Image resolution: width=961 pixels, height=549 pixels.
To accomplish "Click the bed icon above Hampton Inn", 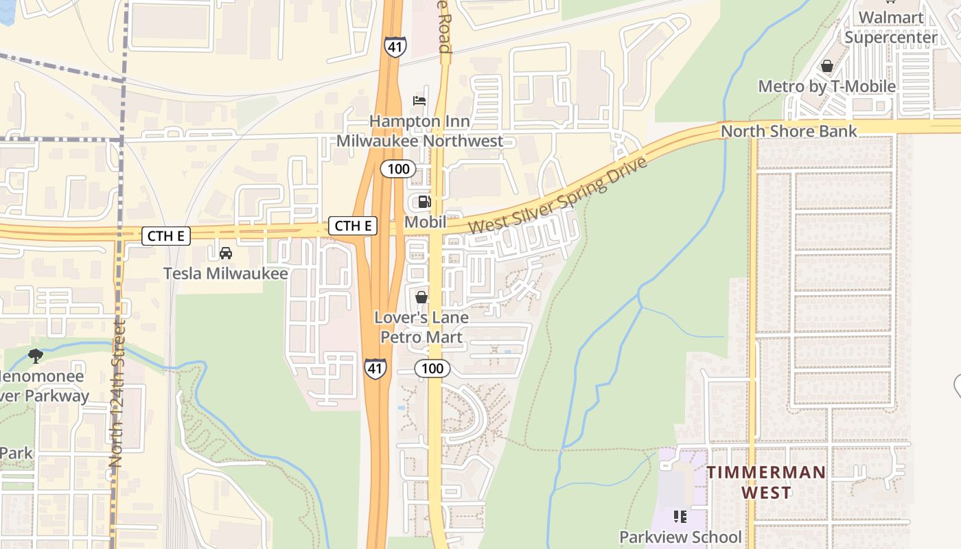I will click(419, 101).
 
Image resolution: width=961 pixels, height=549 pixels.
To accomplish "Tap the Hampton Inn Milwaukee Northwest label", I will click(419, 131).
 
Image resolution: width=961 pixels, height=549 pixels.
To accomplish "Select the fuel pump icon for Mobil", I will click(424, 202).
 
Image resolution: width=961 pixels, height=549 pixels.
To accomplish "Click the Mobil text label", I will click(425, 222).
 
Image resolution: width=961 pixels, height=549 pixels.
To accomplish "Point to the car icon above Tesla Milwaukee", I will click(225, 253).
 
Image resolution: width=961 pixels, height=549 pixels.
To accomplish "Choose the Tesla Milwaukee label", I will click(225, 273).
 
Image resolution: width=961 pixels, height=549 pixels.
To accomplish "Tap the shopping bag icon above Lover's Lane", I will click(421, 297).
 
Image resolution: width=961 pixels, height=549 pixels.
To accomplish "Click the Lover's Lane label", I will click(421, 318).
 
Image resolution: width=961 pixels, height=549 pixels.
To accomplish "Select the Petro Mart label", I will click(421, 337).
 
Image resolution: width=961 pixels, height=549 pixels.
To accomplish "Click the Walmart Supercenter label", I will click(890, 27).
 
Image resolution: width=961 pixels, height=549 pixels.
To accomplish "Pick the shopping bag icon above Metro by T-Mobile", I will click(827, 67).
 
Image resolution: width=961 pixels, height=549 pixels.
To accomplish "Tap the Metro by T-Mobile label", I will click(826, 86).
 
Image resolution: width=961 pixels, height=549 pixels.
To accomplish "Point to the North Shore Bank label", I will click(789, 131).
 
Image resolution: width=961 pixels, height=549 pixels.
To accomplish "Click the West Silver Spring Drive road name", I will click(557, 196).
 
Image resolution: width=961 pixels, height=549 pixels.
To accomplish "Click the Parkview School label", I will click(680, 537).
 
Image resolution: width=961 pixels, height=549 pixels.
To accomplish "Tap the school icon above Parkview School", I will click(680, 516).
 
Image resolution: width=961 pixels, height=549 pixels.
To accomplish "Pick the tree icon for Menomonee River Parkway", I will click(35, 355).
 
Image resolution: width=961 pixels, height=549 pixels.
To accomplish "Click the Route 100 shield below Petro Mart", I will click(432, 369).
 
